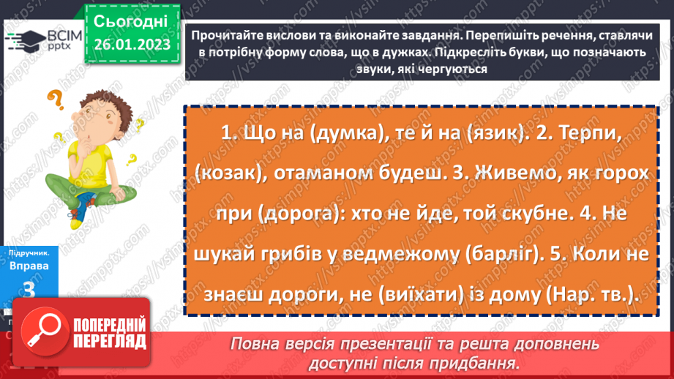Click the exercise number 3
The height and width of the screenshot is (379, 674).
point(30,288)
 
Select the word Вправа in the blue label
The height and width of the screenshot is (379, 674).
point(30,266)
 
